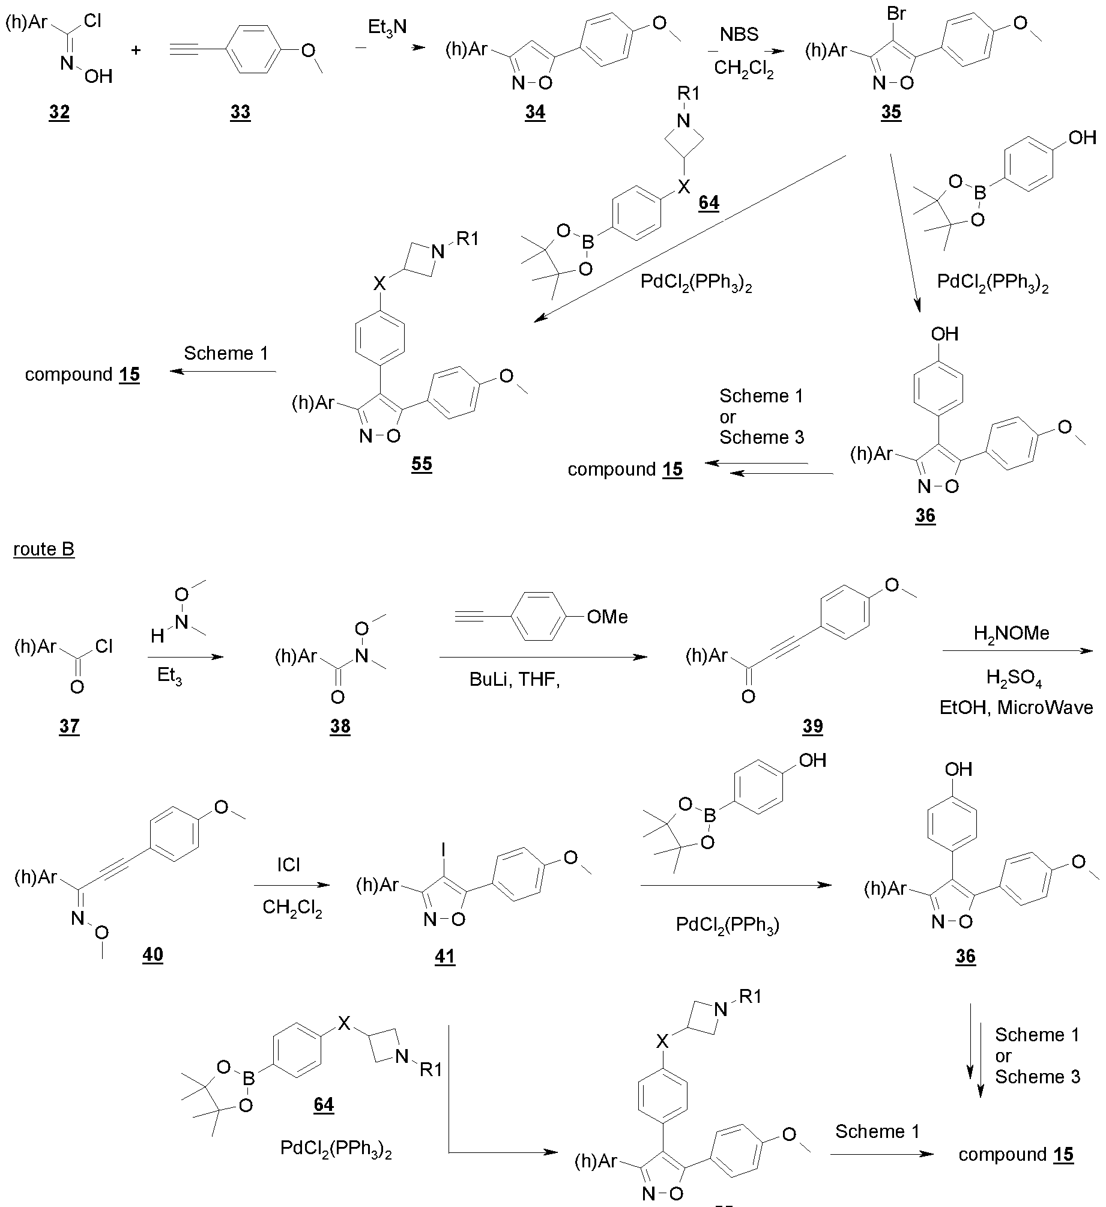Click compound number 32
point(59,112)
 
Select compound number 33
point(240,112)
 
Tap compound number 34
point(534,112)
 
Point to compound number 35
point(891,112)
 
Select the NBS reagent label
point(739,34)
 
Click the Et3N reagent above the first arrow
point(388,28)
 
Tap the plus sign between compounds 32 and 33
point(136,50)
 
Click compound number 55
point(422,464)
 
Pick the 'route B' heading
point(44,549)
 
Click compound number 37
point(69,726)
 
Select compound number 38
point(340,726)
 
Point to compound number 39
point(812,726)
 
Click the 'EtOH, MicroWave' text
point(1016,708)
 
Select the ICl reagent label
point(289,865)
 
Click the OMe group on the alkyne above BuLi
point(607,617)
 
